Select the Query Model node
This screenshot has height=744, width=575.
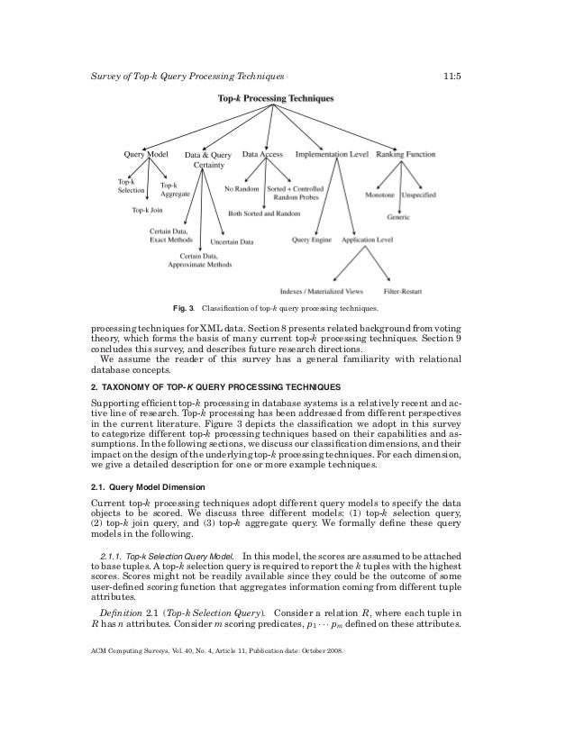(x=146, y=154)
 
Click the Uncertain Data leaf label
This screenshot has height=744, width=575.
(x=233, y=241)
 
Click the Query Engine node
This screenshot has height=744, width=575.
(x=312, y=240)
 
